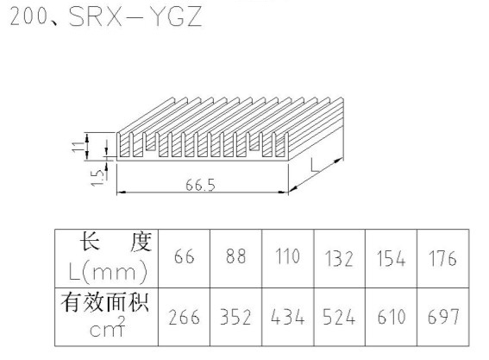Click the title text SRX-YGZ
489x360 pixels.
[x=135, y=16]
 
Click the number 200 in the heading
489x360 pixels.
[x=28, y=16]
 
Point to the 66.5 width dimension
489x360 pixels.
[x=200, y=185]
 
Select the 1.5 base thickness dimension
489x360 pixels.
[x=97, y=177]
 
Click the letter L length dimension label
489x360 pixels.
[x=316, y=165]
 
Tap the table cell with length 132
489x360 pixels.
[x=339, y=259]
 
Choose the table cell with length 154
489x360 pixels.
[x=391, y=259]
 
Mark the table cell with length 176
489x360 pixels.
[x=442, y=258]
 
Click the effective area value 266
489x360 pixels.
[x=184, y=317]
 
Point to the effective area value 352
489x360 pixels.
[x=235, y=317]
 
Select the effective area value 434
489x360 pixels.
[x=287, y=317]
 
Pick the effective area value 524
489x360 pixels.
[x=339, y=317]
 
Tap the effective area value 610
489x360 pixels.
[x=392, y=317]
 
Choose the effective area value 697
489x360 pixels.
[x=443, y=317]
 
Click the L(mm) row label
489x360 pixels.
[x=107, y=272]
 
